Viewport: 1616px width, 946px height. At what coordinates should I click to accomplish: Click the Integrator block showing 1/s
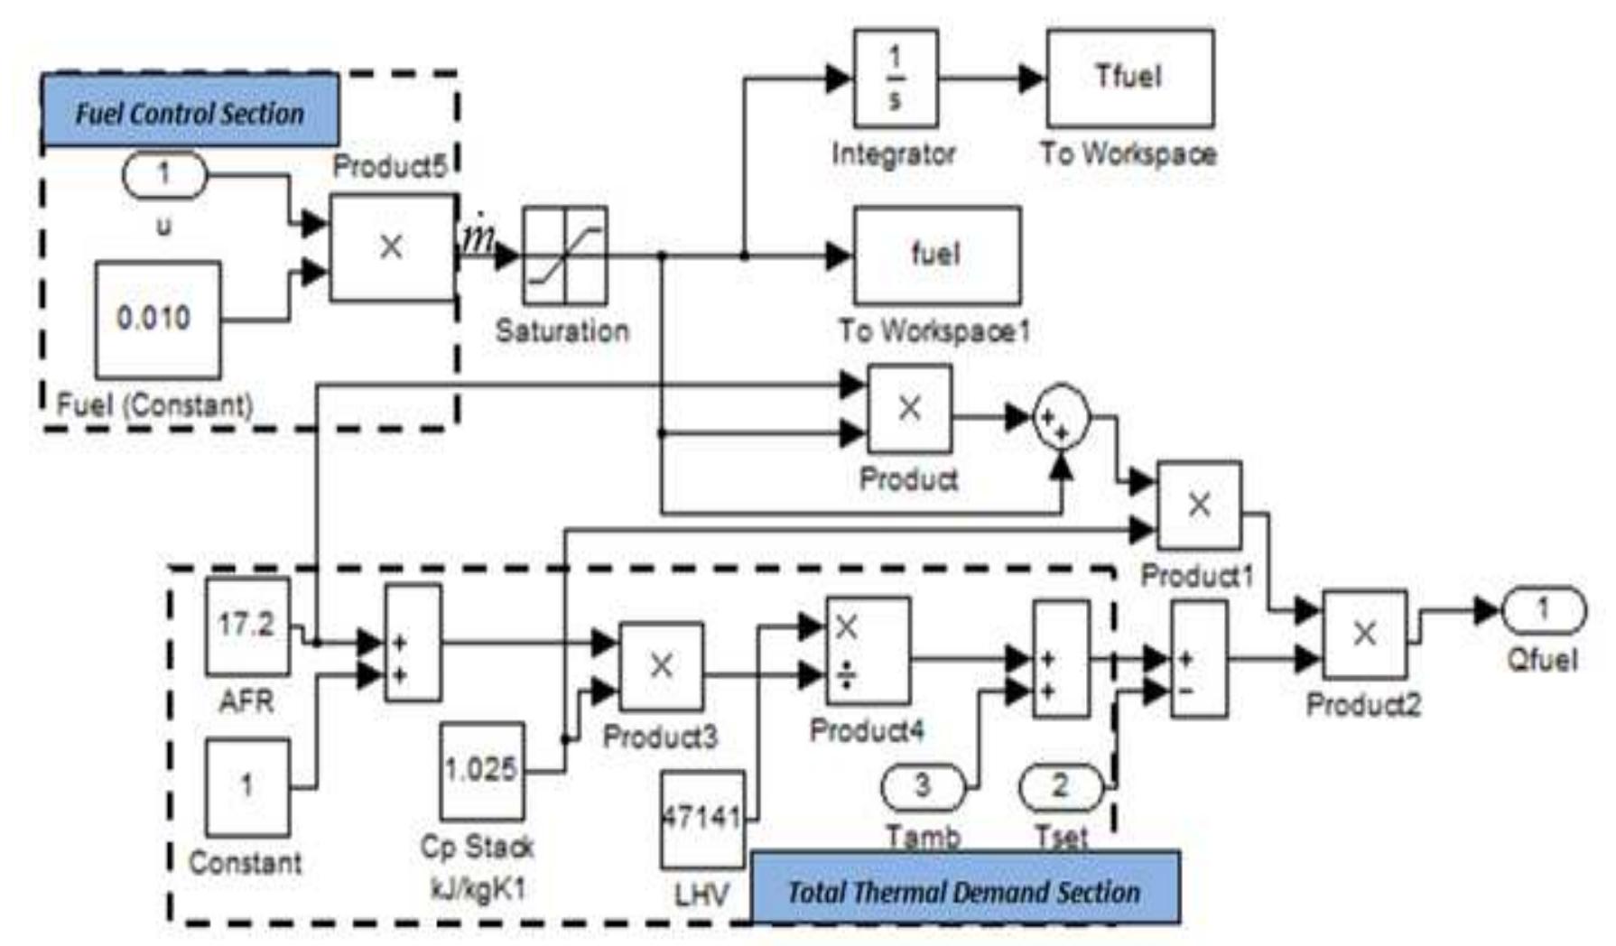point(895,78)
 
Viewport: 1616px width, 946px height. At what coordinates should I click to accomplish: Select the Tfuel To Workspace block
point(1128,78)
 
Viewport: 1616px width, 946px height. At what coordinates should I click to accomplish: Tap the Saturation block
point(564,255)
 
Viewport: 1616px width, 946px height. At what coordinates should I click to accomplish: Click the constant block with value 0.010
point(157,320)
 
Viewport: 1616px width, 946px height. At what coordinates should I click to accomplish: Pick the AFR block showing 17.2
point(246,626)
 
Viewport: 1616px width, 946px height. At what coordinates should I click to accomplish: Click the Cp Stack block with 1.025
point(481,770)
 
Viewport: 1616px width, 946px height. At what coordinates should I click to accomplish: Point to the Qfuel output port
point(1543,610)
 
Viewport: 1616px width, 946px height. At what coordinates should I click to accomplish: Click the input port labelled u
point(163,174)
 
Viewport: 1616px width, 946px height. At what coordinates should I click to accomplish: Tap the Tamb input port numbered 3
point(922,786)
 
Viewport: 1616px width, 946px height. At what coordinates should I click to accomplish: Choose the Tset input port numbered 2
point(1061,786)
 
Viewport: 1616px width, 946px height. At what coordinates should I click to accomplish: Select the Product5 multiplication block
point(391,246)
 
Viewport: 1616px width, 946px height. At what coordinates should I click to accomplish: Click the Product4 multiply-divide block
point(868,650)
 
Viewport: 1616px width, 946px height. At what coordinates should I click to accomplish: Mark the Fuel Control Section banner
point(190,112)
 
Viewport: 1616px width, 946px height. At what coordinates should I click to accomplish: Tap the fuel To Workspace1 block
point(936,255)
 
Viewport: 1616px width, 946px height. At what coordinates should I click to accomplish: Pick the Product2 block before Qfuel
point(1364,634)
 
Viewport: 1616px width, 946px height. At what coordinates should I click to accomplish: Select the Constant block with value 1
point(246,786)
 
